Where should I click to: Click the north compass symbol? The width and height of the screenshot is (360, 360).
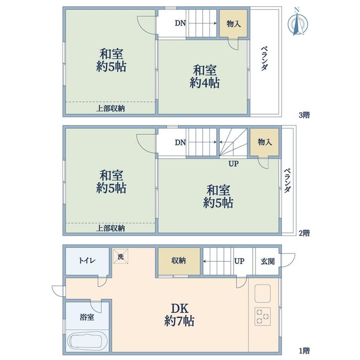pos(297,23)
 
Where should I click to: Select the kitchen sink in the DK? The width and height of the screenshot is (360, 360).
pos(263,293)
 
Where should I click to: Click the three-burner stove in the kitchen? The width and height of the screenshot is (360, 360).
pos(263,317)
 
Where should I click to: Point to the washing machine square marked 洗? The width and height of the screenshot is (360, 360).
pos(121,256)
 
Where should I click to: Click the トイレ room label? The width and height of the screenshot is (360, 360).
pos(87,261)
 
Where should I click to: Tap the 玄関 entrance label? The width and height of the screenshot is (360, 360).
pos(268,261)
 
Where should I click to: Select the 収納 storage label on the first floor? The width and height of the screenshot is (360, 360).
pos(178,261)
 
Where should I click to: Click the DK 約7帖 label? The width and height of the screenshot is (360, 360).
pos(179,315)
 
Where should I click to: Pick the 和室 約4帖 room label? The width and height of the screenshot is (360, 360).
pos(205,77)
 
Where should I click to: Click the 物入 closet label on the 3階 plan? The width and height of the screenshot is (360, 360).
pos(234,23)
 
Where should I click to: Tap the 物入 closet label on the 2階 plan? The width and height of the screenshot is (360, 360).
pos(265,142)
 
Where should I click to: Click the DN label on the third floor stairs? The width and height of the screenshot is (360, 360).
pos(180,23)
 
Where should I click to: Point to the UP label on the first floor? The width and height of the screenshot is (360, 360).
pos(239,261)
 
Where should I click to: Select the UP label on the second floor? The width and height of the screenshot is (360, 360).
pos(234,164)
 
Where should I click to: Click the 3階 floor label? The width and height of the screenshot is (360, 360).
pos(304,115)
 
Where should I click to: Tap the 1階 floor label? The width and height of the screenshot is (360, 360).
pos(304,351)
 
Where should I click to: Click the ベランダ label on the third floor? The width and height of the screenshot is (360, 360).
pos(265,59)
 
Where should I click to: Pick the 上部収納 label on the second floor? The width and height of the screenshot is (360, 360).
pos(110,228)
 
